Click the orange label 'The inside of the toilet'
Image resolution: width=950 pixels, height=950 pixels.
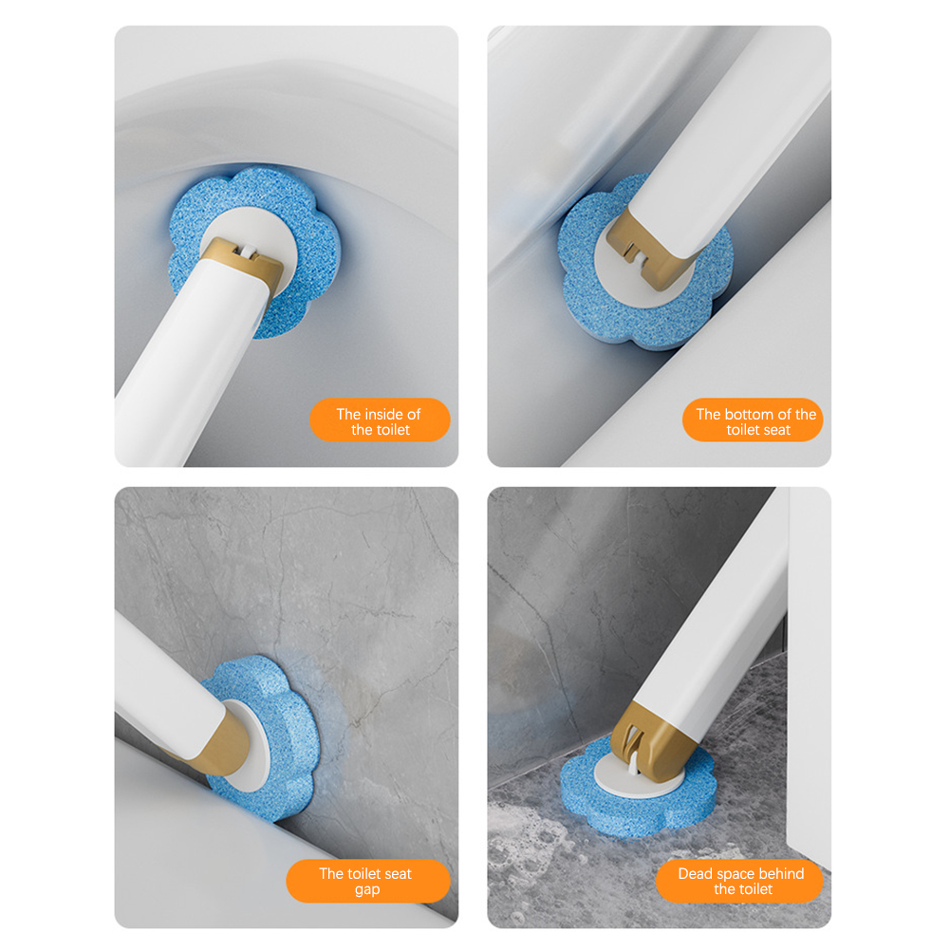380,419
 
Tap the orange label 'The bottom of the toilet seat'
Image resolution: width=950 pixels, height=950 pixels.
753,419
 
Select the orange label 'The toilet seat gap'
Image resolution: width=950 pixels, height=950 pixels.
368,881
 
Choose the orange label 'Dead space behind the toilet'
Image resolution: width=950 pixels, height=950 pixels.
739,881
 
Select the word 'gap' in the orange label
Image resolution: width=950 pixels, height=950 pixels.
367,890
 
